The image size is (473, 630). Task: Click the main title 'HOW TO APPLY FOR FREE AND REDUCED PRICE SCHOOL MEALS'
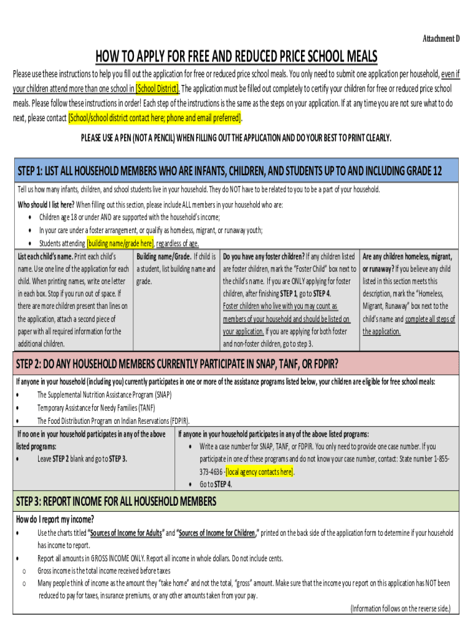[236, 57]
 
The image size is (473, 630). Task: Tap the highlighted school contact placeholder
[155, 117]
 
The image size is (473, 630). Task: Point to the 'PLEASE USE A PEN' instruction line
[236, 137]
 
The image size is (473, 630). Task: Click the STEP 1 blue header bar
[236, 170]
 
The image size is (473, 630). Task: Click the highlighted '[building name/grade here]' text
[120, 243]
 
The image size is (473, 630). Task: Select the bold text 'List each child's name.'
[45, 256]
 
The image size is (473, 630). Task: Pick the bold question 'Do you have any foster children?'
[264, 256]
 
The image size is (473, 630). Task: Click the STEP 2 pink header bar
[236, 362]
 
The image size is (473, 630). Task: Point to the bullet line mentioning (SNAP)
[104, 394]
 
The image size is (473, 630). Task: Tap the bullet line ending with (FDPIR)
[114, 421]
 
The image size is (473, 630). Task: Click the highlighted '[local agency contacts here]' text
[260, 472]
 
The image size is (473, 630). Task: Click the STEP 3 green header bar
[236, 501]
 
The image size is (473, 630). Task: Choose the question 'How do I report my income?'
[55, 519]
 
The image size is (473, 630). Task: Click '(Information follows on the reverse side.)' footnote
[400, 608]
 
